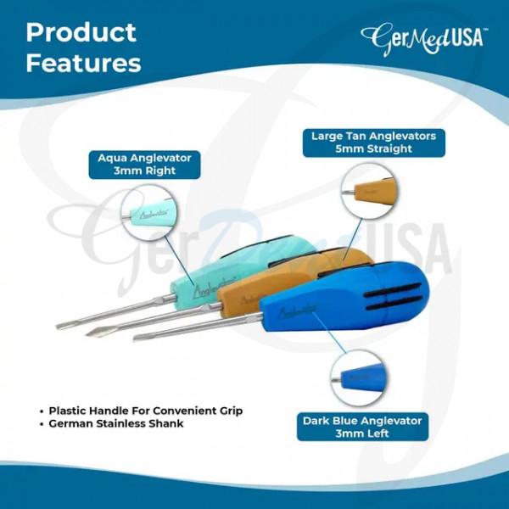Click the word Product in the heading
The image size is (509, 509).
pyautogui.click(x=81, y=33)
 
